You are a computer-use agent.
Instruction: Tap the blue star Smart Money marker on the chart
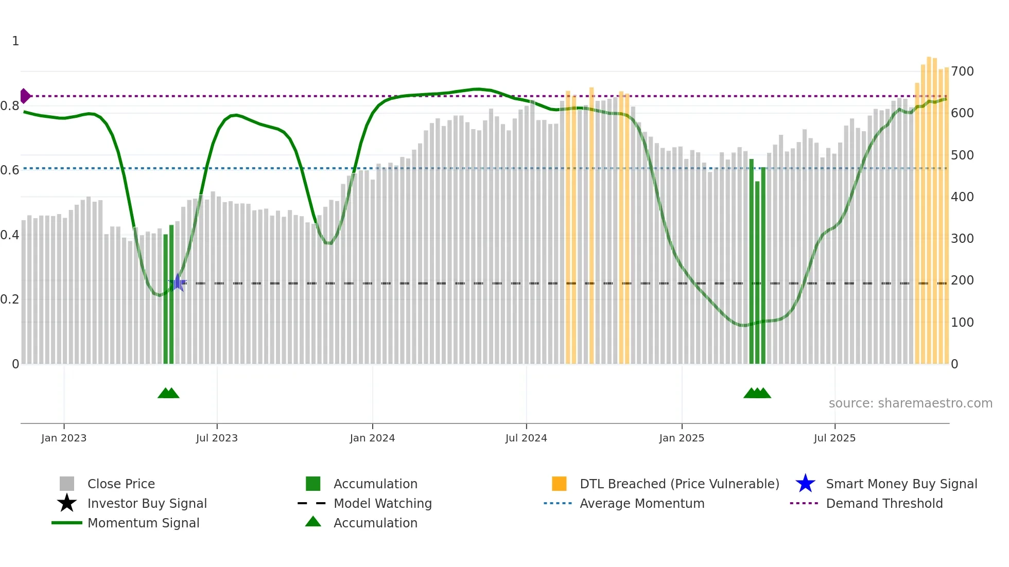(178, 282)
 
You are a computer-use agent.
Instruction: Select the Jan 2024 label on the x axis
(372, 438)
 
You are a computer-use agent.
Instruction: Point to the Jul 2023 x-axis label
(217, 438)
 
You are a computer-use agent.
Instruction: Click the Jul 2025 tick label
(834, 438)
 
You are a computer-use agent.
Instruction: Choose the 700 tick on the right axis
(962, 72)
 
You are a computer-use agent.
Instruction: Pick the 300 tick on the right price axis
(962, 239)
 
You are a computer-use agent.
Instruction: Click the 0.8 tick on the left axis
(10, 107)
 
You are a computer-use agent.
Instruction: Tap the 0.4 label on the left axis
(10, 235)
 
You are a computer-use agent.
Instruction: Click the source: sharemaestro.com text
(910, 403)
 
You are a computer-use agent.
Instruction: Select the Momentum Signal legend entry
(143, 523)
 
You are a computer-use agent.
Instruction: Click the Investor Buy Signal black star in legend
(67, 503)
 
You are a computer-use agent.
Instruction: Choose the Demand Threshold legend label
(884, 504)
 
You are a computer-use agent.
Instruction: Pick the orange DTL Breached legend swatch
(559, 484)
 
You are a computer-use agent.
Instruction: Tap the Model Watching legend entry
(382, 504)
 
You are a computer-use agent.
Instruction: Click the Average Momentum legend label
(642, 504)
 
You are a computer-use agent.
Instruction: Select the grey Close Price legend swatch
(67, 484)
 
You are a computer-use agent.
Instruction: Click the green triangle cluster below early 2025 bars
(757, 393)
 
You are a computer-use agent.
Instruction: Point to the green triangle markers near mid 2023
(168, 393)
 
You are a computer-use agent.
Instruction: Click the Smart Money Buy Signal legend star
(805, 484)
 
